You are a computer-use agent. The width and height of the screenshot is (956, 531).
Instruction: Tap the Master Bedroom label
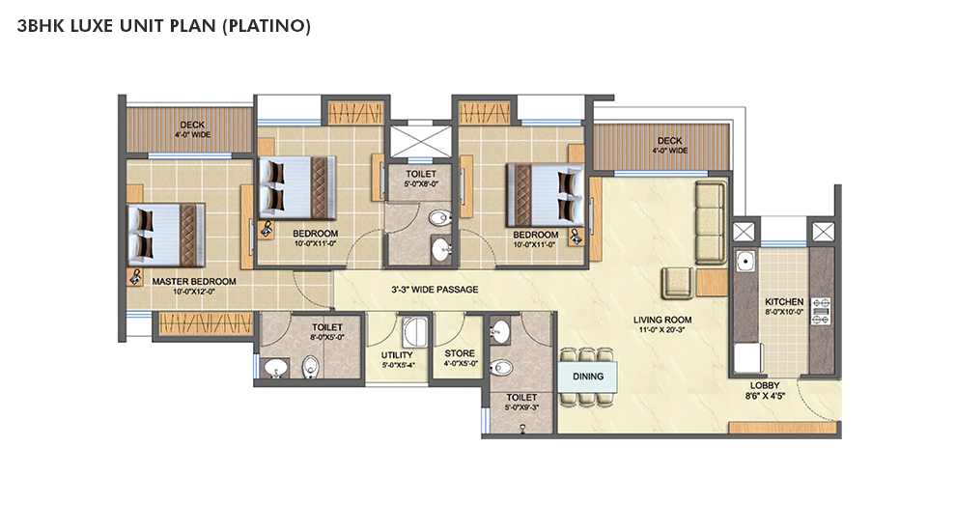tap(194, 282)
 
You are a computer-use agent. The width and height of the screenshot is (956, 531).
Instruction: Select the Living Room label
tap(662, 320)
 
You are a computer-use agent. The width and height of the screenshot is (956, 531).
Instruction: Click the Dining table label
tap(588, 377)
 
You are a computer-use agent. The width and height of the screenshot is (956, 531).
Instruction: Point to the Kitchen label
tap(784, 302)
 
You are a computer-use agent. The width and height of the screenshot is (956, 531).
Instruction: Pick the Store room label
tap(460, 353)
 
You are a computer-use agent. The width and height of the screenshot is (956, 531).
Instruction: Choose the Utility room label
tap(397, 355)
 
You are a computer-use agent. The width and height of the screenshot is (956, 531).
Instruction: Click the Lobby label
tap(765, 385)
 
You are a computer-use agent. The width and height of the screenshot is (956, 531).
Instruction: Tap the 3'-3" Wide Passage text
tap(435, 290)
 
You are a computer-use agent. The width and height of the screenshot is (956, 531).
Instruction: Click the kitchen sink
tap(745, 261)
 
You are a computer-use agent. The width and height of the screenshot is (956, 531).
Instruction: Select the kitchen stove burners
tap(821, 310)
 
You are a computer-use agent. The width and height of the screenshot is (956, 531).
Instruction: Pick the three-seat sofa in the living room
tap(711, 222)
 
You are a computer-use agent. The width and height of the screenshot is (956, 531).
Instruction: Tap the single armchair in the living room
tap(678, 282)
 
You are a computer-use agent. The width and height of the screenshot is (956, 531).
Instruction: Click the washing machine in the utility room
tap(414, 332)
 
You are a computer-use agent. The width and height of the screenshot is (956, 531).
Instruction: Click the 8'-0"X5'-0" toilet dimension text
tap(327, 337)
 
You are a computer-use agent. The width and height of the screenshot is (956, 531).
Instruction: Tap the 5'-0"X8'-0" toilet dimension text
tap(421, 183)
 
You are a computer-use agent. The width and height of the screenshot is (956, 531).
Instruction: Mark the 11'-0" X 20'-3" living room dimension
tap(661, 330)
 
